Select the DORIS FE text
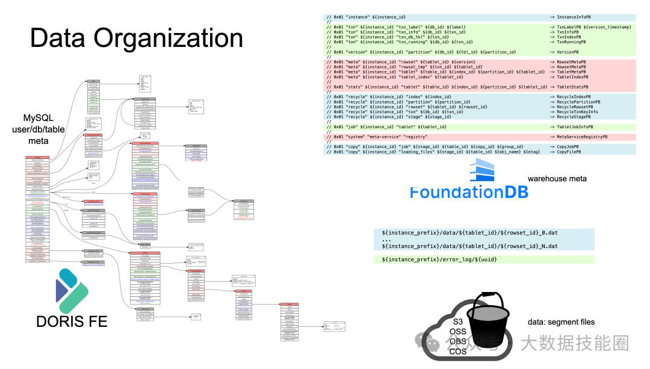(x=72, y=321)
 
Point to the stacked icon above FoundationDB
(x=481, y=171)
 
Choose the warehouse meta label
(x=557, y=179)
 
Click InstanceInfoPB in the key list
(x=577, y=17)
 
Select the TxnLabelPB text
(x=571, y=27)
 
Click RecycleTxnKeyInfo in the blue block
(x=577, y=112)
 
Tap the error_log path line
(x=439, y=259)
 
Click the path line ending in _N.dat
(x=469, y=246)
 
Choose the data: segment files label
(x=561, y=322)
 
